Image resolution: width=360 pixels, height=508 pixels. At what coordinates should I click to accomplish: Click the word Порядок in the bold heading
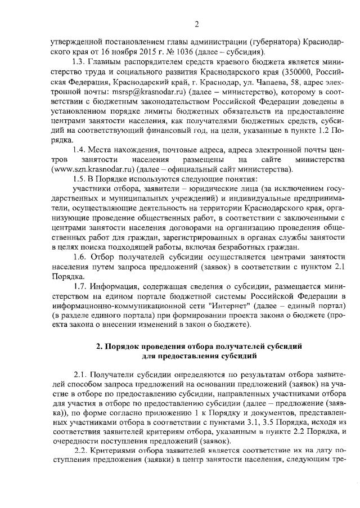click(x=123, y=347)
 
